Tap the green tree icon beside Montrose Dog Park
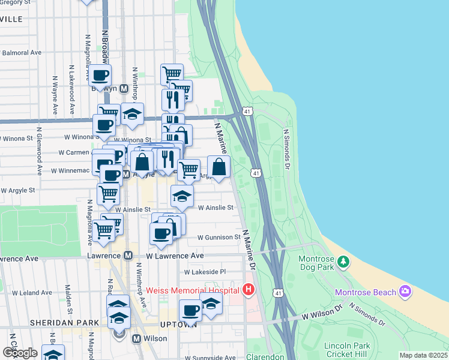tap(343, 261)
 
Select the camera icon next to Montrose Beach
tap(406, 292)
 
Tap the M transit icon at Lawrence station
tap(128, 256)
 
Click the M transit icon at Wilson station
tap(136, 338)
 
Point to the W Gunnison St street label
tap(220, 238)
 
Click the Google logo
tap(20, 352)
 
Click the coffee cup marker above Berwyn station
tap(101, 76)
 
